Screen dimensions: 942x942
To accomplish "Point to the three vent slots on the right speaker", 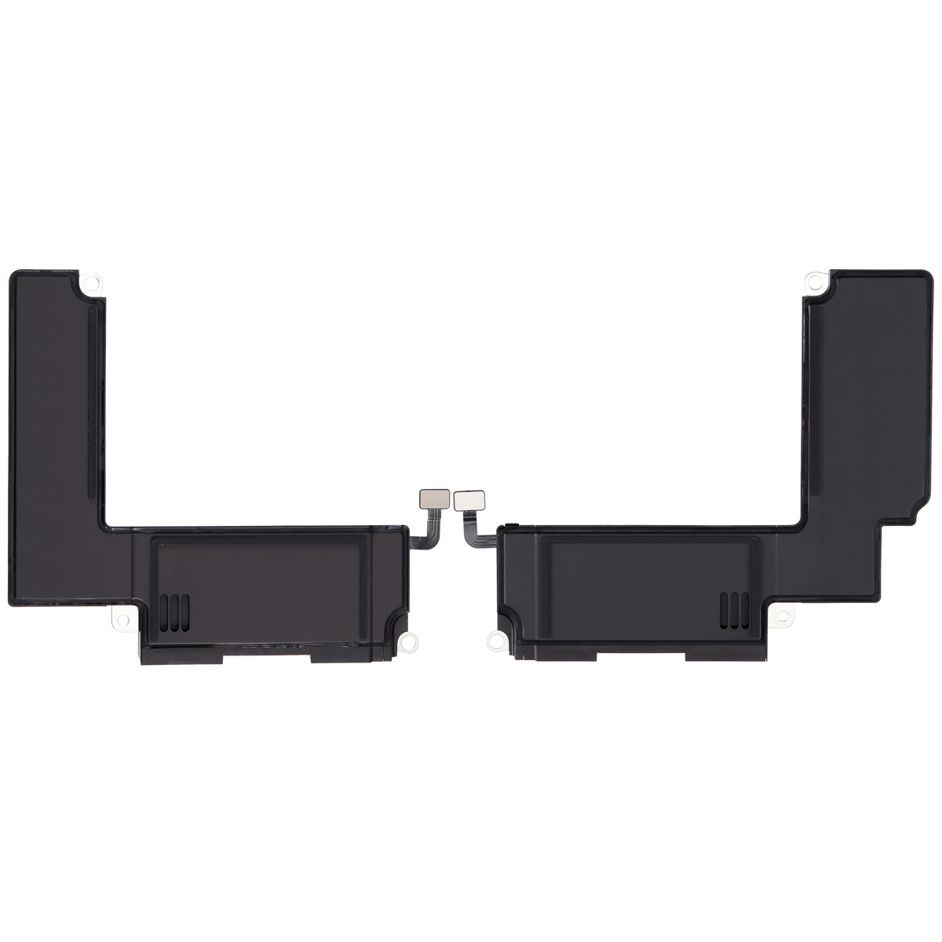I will [x=735, y=605].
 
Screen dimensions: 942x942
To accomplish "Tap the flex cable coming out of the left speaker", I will [x=429, y=534].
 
